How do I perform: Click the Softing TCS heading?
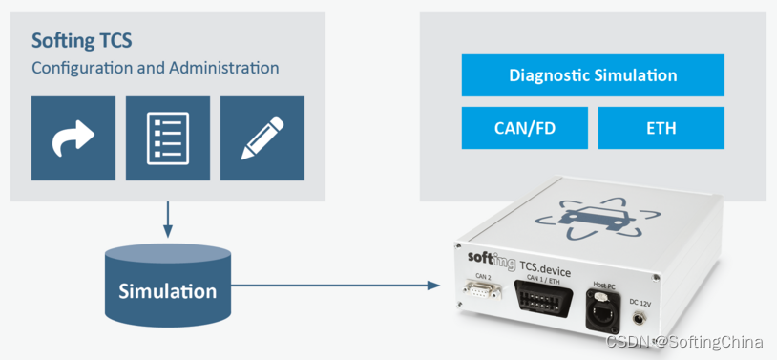[x=82, y=41]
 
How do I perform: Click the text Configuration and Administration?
[x=155, y=68]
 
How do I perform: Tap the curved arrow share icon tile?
[x=73, y=138]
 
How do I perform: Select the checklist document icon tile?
[x=168, y=138]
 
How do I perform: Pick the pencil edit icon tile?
[x=262, y=138]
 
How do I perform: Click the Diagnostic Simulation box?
[x=593, y=75]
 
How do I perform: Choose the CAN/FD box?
[x=525, y=128]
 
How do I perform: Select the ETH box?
[x=661, y=128]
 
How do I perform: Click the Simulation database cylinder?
[x=168, y=286]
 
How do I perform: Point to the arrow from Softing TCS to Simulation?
[x=168, y=220]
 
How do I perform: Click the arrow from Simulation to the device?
[x=335, y=286]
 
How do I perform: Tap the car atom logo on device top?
[x=599, y=218]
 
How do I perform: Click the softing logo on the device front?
[x=491, y=260]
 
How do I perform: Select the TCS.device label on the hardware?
[x=545, y=269]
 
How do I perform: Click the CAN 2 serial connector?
[x=481, y=289]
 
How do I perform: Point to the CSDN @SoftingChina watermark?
[x=684, y=342]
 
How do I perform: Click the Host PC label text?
[x=603, y=285]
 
